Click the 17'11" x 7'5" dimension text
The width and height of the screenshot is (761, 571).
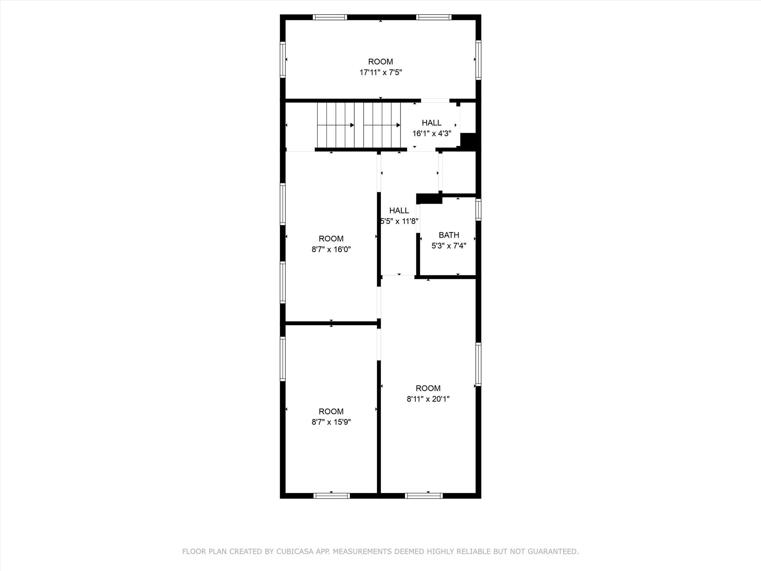[380, 72]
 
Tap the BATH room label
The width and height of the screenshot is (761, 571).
[449, 235]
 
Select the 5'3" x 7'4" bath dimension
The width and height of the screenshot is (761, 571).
[449, 246]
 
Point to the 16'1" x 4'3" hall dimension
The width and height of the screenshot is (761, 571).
[432, 133]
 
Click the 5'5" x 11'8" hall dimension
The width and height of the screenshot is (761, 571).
[399, 221]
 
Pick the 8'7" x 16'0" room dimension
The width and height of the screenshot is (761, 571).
[331, 249]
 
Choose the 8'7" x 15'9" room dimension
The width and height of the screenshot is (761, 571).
[331, 422]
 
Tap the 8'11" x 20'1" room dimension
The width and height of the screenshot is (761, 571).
[428, 399]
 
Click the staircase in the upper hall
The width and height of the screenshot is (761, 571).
[359, 125]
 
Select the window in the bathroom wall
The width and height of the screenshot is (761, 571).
[479, 210]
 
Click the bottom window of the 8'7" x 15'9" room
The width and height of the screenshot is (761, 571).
[331, 496]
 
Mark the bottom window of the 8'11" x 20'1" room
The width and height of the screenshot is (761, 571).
[424, 496]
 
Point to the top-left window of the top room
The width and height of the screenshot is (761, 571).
[330, 17]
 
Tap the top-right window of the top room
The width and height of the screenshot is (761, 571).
[434, 17]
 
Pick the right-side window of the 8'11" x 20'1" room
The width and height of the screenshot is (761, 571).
[479, 364]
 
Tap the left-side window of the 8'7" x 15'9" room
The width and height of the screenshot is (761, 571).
[283, 359]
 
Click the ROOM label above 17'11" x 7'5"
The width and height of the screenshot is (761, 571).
[380, 62]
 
